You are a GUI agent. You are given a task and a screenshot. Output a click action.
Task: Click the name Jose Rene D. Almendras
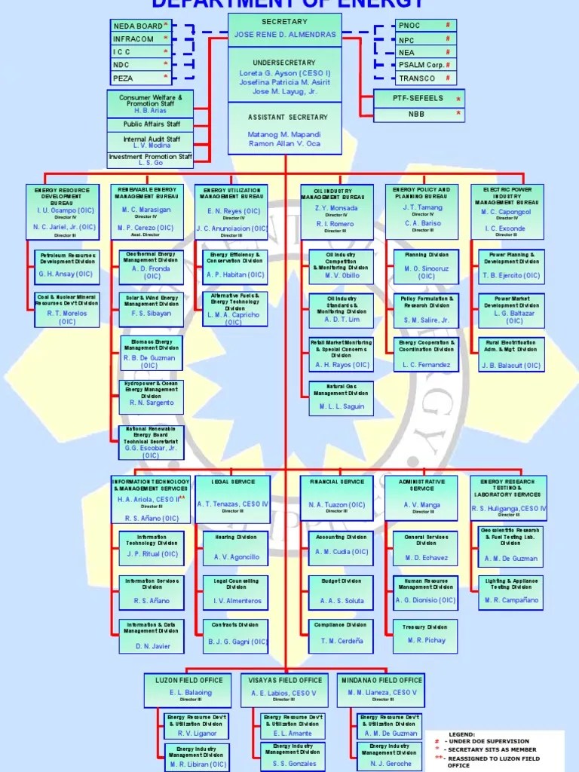[284, 35]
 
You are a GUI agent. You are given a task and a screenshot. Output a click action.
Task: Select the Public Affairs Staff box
[152, 124]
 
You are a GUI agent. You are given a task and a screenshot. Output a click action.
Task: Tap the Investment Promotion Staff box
[151, 159]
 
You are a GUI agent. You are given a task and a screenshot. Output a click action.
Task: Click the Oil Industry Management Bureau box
[337, 210]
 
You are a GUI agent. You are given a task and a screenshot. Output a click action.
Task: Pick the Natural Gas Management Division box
[342, 399]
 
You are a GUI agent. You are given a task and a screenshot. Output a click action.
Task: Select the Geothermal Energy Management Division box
[151, 265]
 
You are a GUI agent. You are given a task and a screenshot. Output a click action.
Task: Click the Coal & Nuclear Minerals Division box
[67, 310]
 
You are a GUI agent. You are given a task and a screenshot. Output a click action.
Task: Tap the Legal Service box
[233, 498]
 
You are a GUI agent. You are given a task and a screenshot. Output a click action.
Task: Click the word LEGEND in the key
[462, 734]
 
